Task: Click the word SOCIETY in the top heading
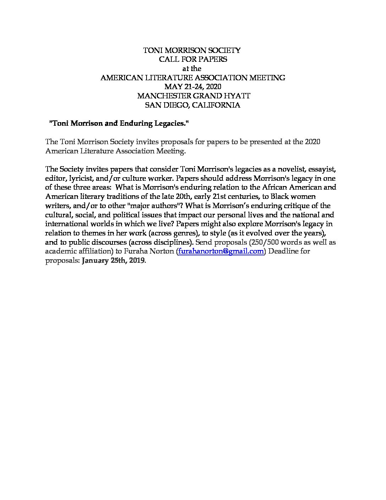pyautogui.click(x=222, y=50)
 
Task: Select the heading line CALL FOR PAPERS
pyautogui.click(x=193, y=59)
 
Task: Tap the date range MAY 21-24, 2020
pyautogui.click(x=193, y=87)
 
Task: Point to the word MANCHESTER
pyautogui.click(x=159, y=96)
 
